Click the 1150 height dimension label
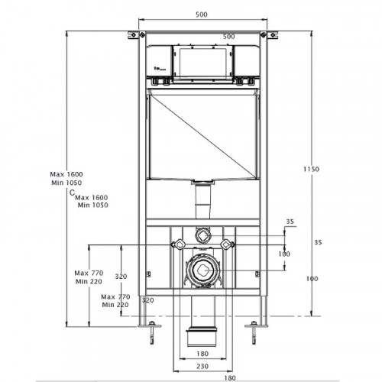coord(311,169)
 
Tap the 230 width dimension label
coord(202,366)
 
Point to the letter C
coord(73,193)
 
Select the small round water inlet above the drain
coord(202,236)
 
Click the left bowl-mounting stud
coord(178,244)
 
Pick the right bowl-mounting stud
coord(227,244)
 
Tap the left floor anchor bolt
coord(152,332)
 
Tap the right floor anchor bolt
coord(254,332)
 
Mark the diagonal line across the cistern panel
coord(202,136)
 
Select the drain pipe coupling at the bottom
coord(202,336)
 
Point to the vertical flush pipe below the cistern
coord(202,201)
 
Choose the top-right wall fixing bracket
coord(270,35)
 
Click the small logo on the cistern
coord(160,68)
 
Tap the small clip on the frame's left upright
coord(148,274)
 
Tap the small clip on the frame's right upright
coord(257,274)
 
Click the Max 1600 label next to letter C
coord(92,197)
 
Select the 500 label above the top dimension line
coord(202,15)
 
